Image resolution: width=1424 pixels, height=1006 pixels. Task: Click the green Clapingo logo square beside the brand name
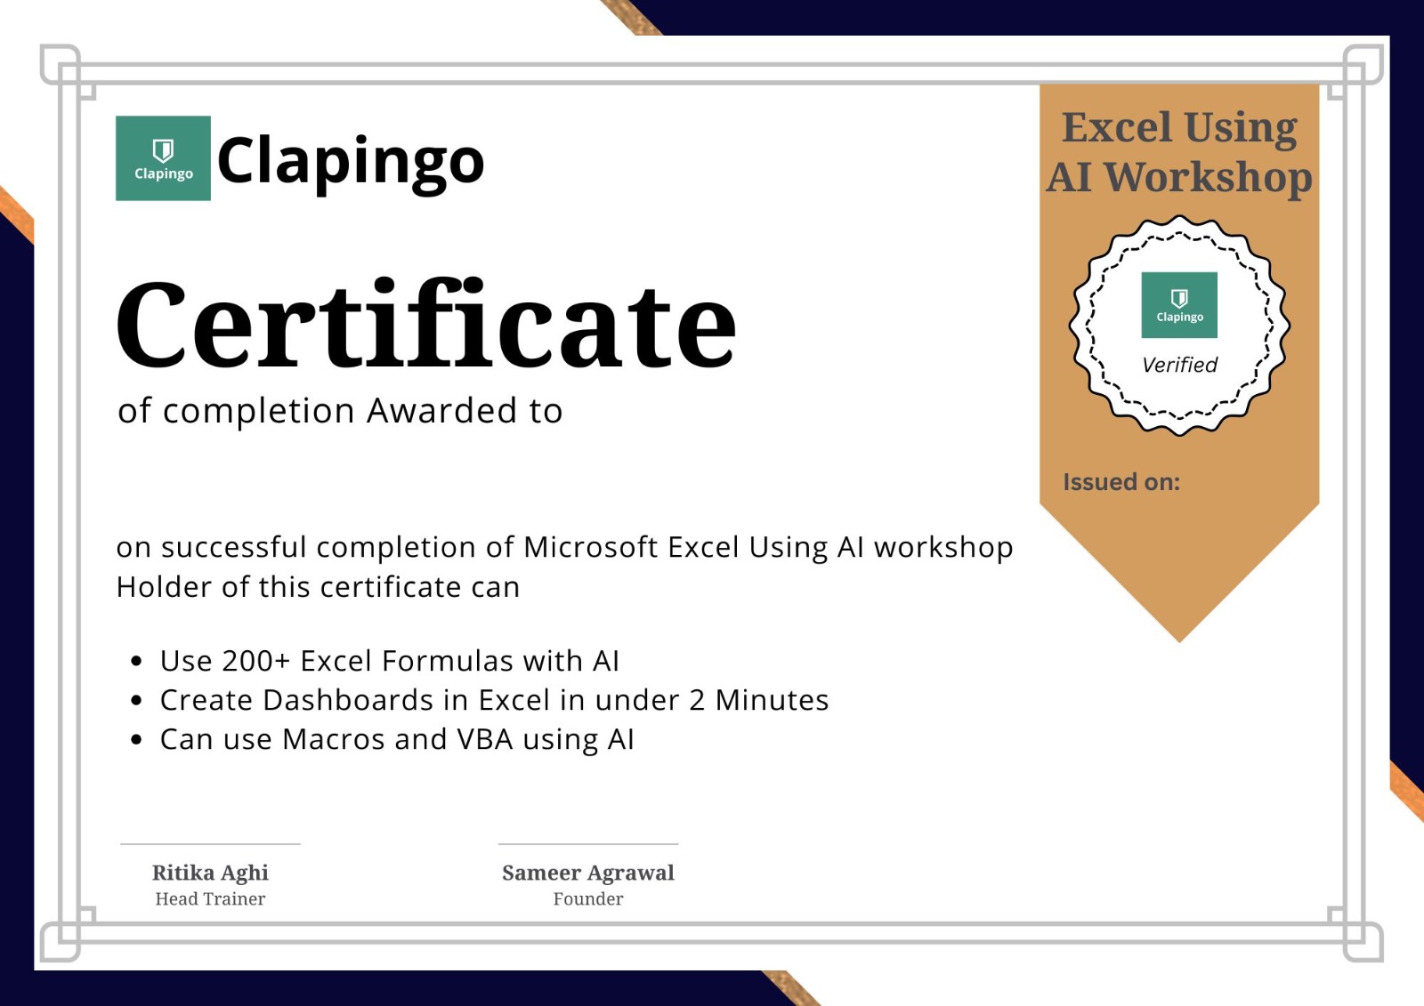pyautogui.click(x=163, y=158)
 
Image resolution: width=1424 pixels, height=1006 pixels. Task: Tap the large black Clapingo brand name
pyautogui.click(x=351, y=162)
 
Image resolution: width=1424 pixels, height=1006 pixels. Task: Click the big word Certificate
pyautogui.click(x=425, y=324)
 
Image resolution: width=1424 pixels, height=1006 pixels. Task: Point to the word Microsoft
pyautogui.click(x=590, y=547)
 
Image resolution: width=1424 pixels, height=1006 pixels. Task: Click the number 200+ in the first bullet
pyautogui.click(x=256, y=661)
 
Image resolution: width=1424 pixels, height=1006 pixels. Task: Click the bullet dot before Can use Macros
pyautogui.click(x=136, y=740)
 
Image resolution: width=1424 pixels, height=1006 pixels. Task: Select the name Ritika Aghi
pyautogui.click(x=210, y=873)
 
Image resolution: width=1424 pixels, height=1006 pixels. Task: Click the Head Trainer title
pyautogui.click(x=210, y=899)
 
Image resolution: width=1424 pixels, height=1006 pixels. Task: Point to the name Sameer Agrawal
pyautogui.click(x=588, y=873)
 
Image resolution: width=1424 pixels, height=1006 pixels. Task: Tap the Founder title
pyautogui.click(x=588, y=899)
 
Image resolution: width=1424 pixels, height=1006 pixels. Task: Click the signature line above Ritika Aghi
pyautogui.click(x=210, y=844)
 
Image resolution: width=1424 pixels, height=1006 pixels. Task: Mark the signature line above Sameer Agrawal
pyautogui.click(x=588, y=844)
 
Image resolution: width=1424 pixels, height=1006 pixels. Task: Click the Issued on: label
pyautogui.click(x=1121, y=482)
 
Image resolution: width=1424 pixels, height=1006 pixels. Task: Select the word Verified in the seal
pyautogui.click(x=1179, y=365)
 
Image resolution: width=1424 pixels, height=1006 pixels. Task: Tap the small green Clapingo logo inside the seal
pyautogui.click(x=1179, y=305)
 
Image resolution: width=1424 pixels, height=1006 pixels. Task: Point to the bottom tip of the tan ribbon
pyautogui.click(x=1179, y=642)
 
